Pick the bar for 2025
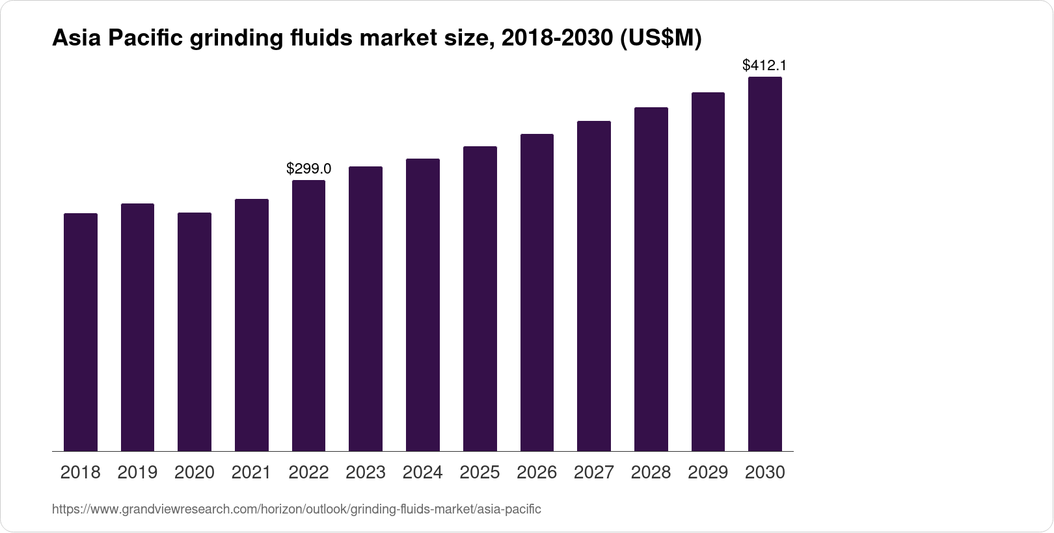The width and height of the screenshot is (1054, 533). click(480, 299)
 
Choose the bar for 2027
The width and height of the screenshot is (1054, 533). click(593, 286)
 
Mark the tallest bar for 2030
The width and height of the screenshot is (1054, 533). click(764, 263)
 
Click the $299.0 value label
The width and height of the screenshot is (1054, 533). click(308, 169)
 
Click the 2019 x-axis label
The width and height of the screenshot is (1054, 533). click(137, 473)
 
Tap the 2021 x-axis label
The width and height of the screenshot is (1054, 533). click(251, 473)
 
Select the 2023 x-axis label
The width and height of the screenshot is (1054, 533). click(366, 473)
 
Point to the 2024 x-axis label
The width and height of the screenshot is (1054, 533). click(422, 473)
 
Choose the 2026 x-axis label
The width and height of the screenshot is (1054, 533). click(537, 473)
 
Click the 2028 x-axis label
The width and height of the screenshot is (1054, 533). click(651, 473)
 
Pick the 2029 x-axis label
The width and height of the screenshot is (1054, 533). click(708, 473)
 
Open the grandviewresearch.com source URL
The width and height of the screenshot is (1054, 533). click(296, 509)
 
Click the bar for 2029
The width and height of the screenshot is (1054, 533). click(708, 272)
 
